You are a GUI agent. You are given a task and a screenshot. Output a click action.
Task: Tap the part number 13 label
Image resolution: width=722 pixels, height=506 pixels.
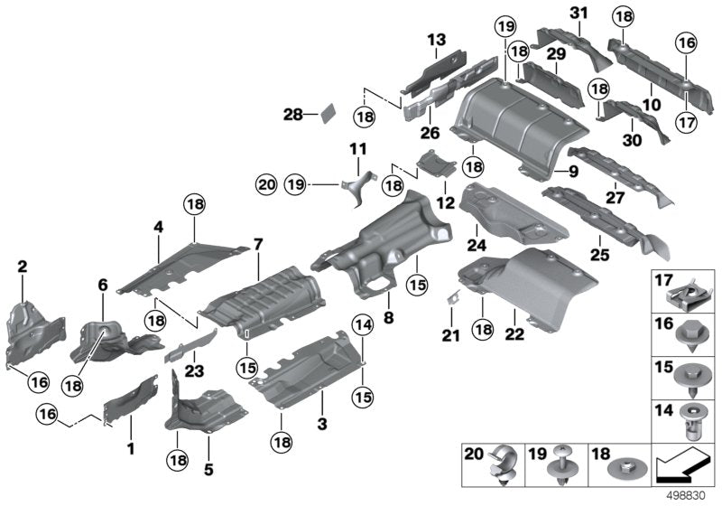pos(437,40)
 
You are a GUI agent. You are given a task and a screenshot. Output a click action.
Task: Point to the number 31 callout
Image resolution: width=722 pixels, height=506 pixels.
pos(578,12)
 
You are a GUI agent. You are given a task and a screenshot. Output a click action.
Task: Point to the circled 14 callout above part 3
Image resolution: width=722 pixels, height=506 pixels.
pos(363,325)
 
